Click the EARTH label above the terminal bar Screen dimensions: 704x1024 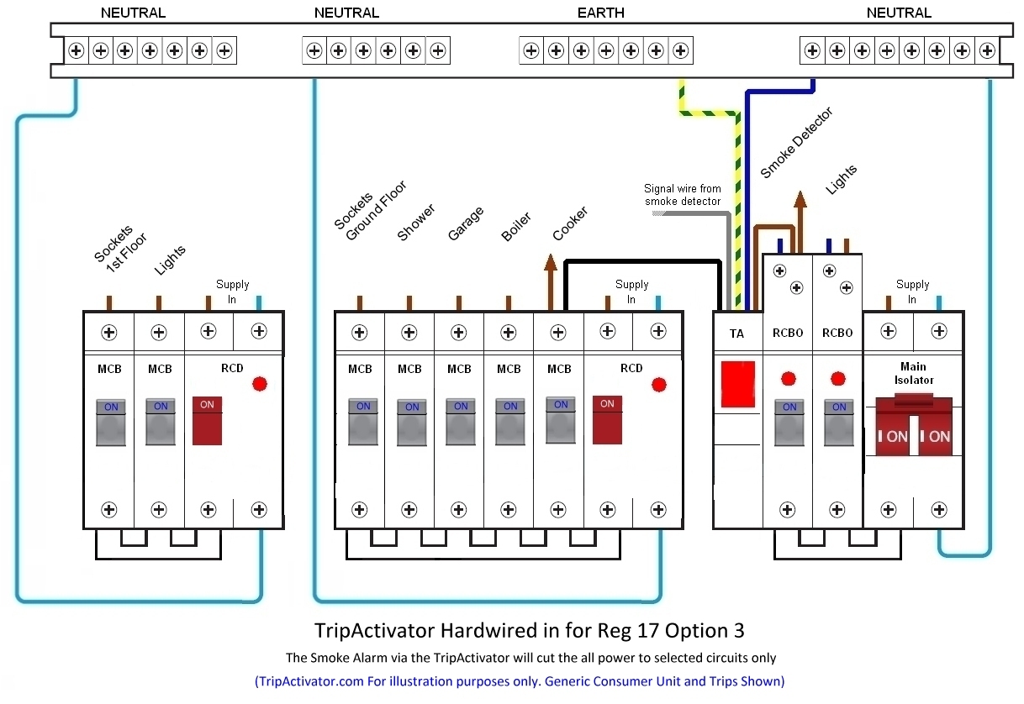tap(600, 13)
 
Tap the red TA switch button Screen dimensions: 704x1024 tap(737, 385)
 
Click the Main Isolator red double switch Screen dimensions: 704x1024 tap(913, 428)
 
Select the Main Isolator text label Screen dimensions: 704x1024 tap(913, 373)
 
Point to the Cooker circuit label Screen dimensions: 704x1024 tap(570, 223)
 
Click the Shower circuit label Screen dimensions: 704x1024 tap(416, 223)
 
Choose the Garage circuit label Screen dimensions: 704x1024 tap(465, 224)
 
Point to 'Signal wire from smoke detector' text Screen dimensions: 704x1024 tap(683, 195)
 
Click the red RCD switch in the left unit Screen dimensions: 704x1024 tap(208, 420)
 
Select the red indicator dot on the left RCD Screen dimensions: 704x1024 tap(260, 385)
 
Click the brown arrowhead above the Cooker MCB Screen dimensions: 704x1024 tap(551, 263)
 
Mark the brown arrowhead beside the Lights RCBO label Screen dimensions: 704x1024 tap(800, 198)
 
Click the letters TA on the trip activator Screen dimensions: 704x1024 tap(736, 334)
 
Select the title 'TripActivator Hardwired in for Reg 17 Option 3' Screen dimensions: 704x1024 tap(529, 630)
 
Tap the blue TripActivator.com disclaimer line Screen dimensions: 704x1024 tap(519, 680)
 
